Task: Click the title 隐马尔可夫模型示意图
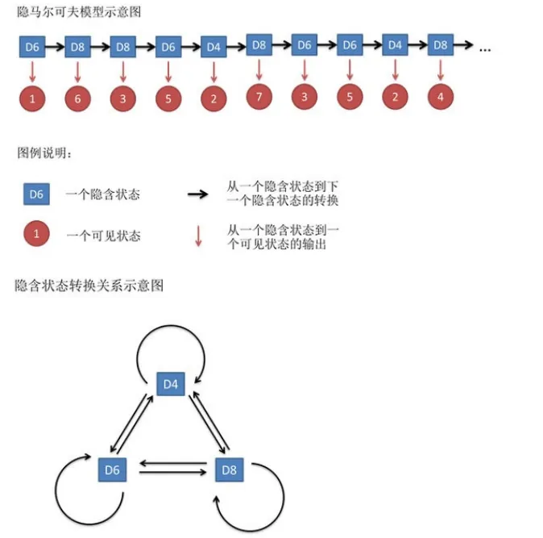(79, 12)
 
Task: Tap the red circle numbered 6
(77, 98)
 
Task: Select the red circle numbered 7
(259, 97)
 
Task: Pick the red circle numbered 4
(441, 97)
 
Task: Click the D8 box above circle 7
(259, 44)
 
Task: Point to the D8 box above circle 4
(441, 44)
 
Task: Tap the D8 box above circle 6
(77, 47)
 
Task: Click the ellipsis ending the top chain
(485, 50)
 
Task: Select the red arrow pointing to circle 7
(259, 69)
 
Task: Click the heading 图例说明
(44, 153)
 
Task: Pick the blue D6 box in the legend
(36, 194)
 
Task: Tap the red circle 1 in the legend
(36, 233)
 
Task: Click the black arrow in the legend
(197, 194)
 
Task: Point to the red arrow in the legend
(198, 236)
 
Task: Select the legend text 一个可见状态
(103, 236)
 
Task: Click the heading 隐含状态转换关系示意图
(89, 286)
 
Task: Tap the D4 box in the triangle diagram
(171, 384)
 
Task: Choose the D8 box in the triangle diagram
(230, 470)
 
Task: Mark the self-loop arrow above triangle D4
(171, 326)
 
